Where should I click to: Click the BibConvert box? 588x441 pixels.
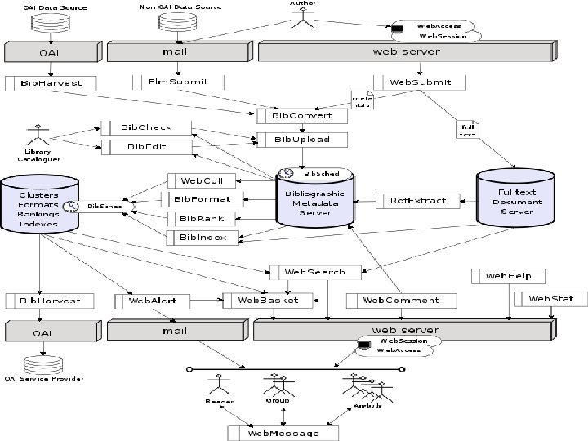pos(301,116)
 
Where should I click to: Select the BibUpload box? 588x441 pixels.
pos(301,140)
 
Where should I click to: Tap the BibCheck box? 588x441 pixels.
pos(146,128)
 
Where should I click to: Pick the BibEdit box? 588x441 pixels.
pos(146,147)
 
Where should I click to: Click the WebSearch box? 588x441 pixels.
pos(314,272)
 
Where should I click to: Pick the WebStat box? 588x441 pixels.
pos(550,299)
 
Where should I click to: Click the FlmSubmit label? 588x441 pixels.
pos(177,82)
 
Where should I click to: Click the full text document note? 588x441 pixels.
pos(467,130)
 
